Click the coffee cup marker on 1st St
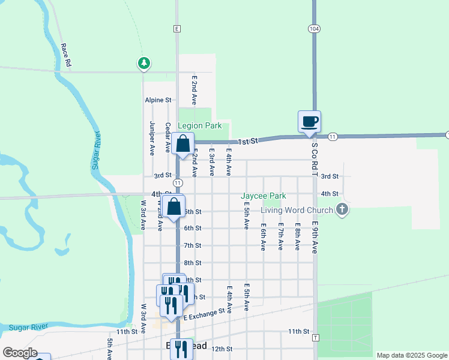coord(309,122)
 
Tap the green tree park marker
coord(143,62)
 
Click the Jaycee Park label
coord(264,196)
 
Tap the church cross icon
coord(342,209)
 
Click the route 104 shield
coord(314,28)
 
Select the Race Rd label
coord(66,55)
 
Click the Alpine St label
coord(158,100)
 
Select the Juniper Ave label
coord(152,139)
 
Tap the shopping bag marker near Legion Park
coord(182,145)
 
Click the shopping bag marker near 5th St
coord(173,207)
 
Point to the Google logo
coord(20,353)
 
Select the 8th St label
coord(192,263)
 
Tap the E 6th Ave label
coord(263,238)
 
